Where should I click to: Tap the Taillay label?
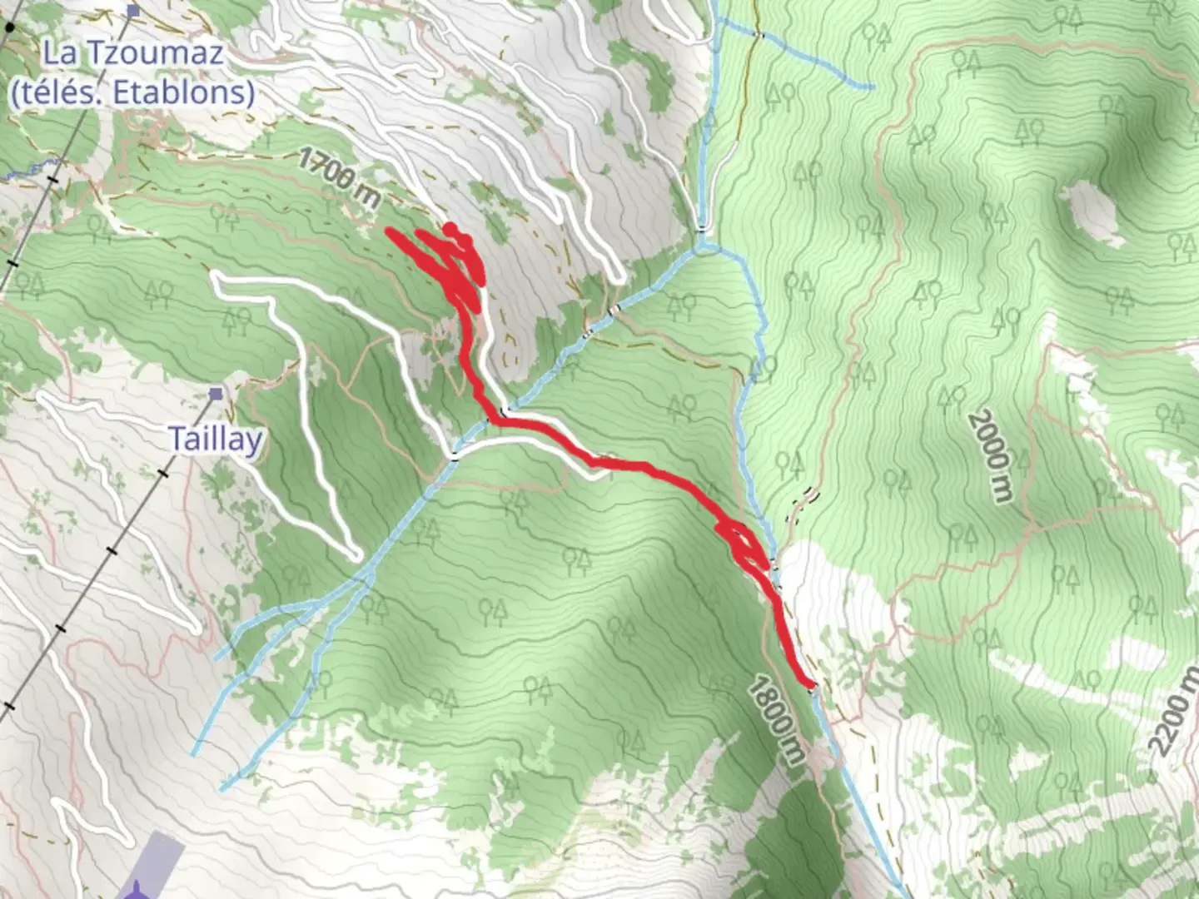[x=216, y=439]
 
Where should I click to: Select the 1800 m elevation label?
[x=775, y=721]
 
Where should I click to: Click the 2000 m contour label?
[x=991, y=456]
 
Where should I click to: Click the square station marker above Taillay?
[x=216, y=393]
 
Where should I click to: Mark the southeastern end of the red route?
[x=810, y=684]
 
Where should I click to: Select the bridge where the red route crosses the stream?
[x=505, y=413]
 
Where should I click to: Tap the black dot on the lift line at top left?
[x=9, y=27]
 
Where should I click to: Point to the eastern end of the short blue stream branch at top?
[x=871, y=86]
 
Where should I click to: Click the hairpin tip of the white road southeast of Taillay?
[x=354, y=553]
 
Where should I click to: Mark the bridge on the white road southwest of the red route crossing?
[x=454, y=455]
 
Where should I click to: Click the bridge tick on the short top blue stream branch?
[x=760, y=34]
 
